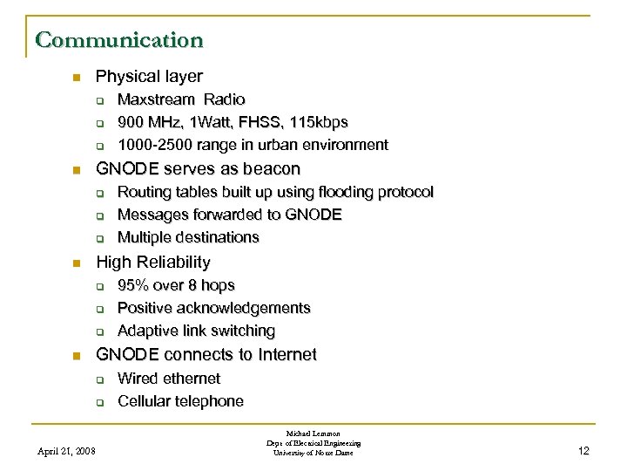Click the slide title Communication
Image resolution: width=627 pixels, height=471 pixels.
(x=119, y=39)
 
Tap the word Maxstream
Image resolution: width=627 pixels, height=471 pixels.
(x=152, y=99)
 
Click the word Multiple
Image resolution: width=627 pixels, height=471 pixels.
(x=143, y=237)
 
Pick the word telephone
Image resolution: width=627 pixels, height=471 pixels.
(x=207, y=401)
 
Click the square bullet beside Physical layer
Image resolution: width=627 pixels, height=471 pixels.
(x=76, y=77)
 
